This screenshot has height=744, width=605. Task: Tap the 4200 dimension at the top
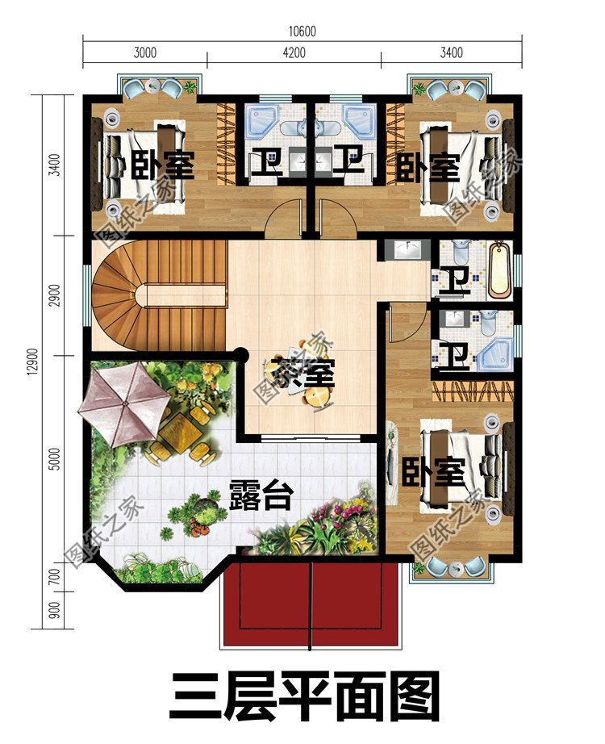click(x=294, y=54)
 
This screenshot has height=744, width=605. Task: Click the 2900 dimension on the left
click(x=54, y=295)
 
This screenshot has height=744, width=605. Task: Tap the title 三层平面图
click(x=305, y=696)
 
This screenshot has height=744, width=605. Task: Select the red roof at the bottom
click(x=311, y=604)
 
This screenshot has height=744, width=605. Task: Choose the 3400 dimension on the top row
click(x=451, y=54)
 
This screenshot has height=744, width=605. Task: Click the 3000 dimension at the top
click(x=145, y=54)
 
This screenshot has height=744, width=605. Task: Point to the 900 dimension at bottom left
click(x=54, y=611)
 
